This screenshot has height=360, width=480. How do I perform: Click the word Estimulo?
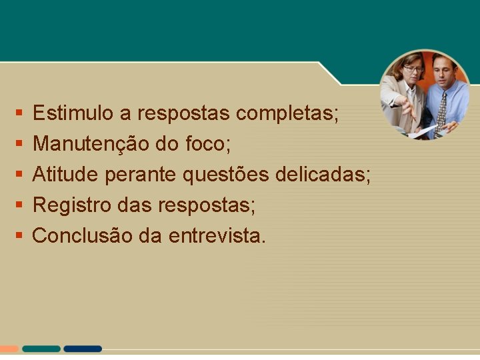pyautogui.click(x=73, y=113)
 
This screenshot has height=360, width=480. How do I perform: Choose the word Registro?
pyautogui.click(x=72, y=205)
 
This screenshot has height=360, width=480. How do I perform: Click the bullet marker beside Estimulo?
pyautogui.click(x=18, y=113)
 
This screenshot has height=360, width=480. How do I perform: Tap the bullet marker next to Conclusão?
pyautogui.click(x=18, y=235)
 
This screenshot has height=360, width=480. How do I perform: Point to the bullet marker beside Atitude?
pyautogui.click(x=18, y=175)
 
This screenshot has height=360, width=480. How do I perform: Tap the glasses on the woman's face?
pyautogui.click(x=413, y=69)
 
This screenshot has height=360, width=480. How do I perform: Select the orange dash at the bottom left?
pyautogui.click(x=9, y=349)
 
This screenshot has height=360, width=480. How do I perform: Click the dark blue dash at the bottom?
pyautogui.click(x=83, y=349)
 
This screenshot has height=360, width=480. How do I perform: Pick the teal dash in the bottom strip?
pyautogui.click(x=41, y=349)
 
